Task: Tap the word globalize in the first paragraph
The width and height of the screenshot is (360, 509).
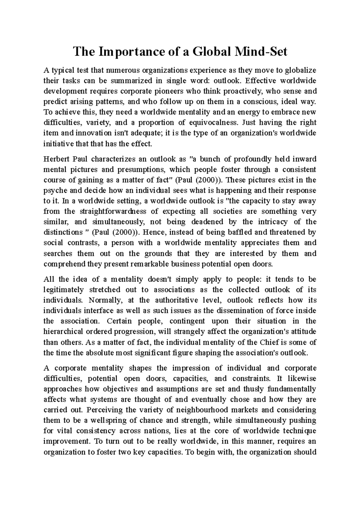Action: (x=300, y=70)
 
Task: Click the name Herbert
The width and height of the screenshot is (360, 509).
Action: (x=56, y=159)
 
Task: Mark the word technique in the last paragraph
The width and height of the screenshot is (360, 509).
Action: (x=297, y=431)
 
